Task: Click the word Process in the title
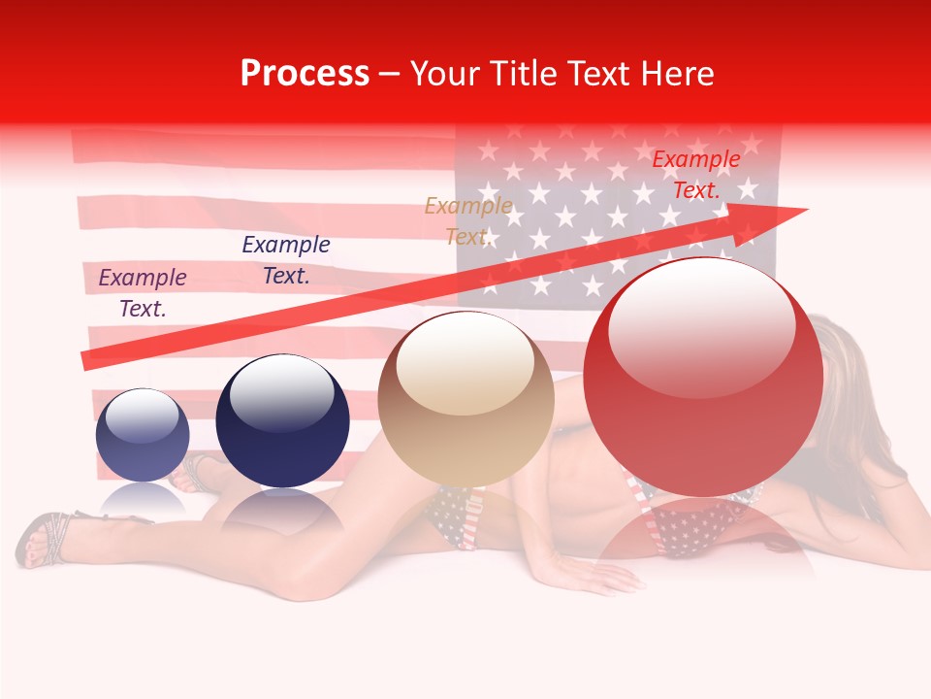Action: point(305,74)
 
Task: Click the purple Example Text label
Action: point(143,292)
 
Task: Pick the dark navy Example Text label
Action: point(286,259)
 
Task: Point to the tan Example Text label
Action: point(468,220)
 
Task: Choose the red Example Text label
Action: point(696,175)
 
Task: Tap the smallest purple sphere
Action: point(143,436)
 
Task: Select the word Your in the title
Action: point(444,74)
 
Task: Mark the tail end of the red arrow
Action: point(87,361)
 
